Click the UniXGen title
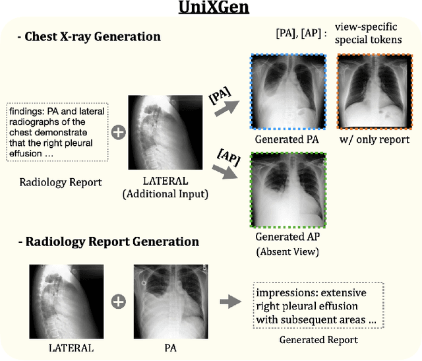211,10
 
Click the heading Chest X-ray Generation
91,37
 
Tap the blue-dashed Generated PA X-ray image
287,93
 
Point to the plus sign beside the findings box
118,133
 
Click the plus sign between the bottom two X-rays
118,302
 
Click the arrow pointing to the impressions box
230,302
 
